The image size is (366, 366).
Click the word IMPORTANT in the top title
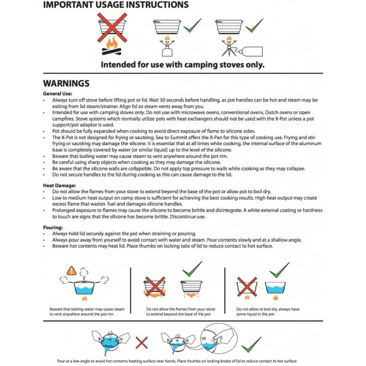pos(71,5)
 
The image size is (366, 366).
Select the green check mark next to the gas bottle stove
pos(254,25)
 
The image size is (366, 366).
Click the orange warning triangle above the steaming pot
pos(72,271)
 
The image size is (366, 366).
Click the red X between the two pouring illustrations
pos(142,343)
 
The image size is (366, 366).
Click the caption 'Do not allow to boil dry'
pos(259,310)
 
